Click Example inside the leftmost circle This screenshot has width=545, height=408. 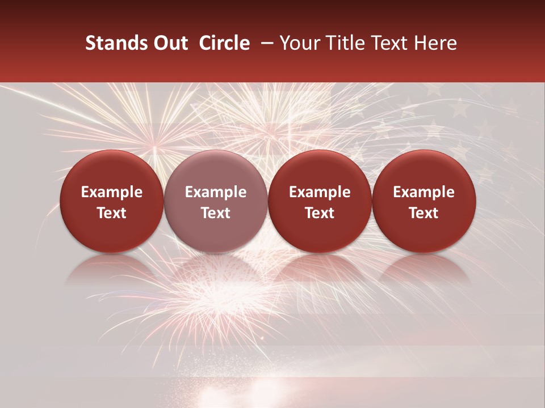coord(112,192)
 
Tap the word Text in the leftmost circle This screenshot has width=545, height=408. coord(112,213)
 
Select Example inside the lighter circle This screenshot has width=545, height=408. coord(216,192)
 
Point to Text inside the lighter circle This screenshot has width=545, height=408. coord(216,213)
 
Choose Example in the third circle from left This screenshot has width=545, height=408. coord(320,192)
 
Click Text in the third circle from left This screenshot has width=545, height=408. coord(320,213)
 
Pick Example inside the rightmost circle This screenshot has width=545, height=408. coord(424,192)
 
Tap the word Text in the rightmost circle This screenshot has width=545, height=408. coord(424,213)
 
